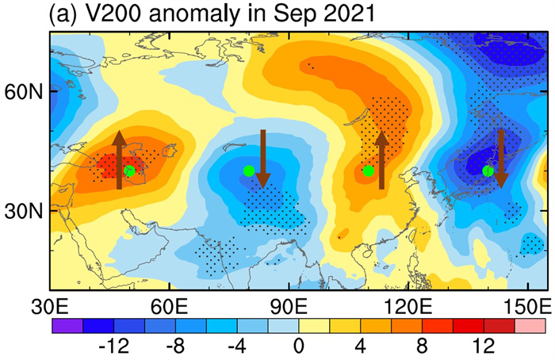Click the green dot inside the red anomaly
[x=129, y=170]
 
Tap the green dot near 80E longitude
[x=249, y=170]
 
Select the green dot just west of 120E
[x=368, y=170]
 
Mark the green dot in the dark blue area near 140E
[x=488, y=170]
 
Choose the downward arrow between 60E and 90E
[x=263, y=159]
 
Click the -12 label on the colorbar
[x=128, y=347]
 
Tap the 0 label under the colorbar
[x=297, y=347]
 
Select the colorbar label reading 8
[x=422, y=347]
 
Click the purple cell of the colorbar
[x=67, y=325]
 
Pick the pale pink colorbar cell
[x=530, y=325]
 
